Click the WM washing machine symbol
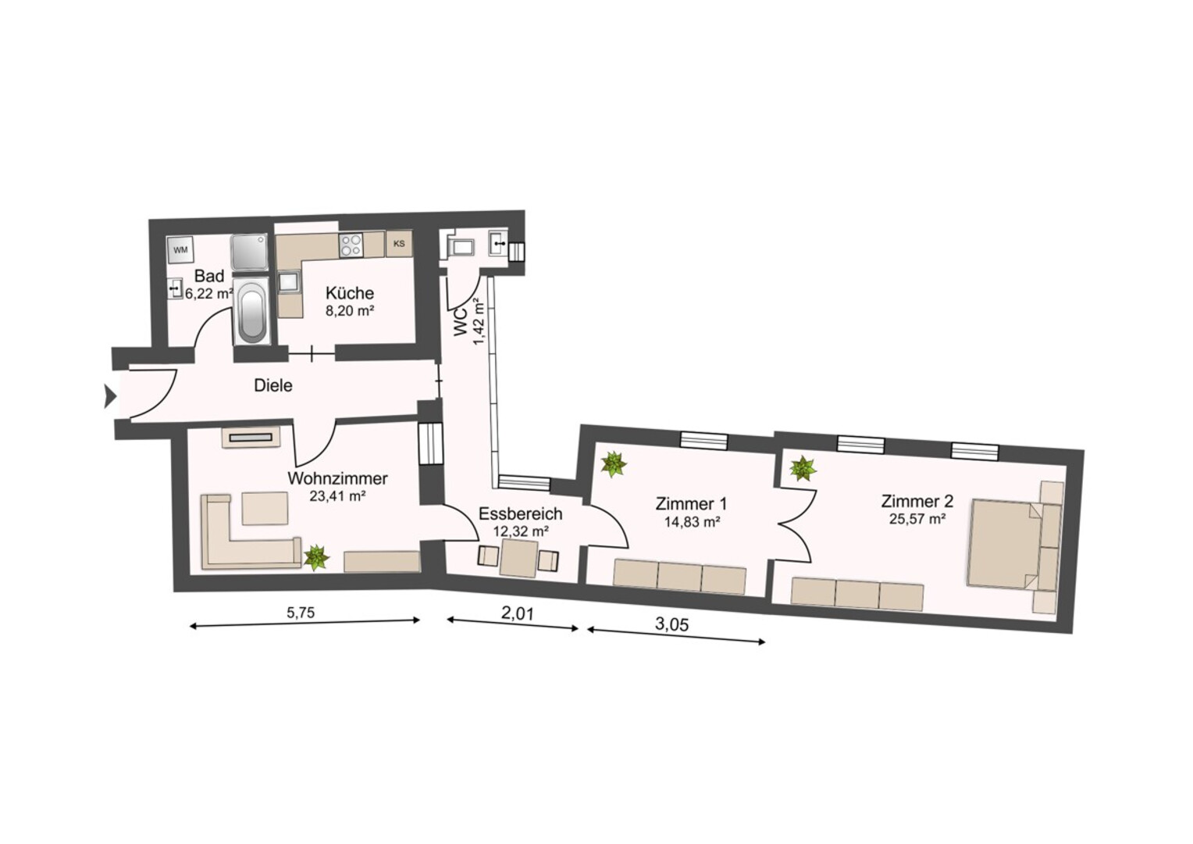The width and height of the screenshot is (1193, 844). pos(180,249)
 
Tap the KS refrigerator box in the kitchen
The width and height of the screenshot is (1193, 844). pos(399,244)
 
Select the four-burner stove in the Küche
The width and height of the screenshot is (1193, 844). pos(351,245)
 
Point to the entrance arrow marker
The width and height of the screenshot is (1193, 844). pos(110,396)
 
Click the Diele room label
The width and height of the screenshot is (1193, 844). pos(273,385)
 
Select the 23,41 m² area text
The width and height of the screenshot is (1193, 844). pos(337,496)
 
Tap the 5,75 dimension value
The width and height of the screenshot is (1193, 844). pos(301,613)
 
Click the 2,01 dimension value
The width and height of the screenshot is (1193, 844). pos(517,613)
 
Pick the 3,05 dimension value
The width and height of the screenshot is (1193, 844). pos(671,624)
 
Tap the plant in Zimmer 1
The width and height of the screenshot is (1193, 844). pos(614,464)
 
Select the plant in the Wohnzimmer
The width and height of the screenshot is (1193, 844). pos(316,558)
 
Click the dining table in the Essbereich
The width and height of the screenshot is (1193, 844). pos(518,558)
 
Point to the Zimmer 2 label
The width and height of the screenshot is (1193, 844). pos(917,501)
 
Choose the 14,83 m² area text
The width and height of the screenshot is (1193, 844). pos(693,522)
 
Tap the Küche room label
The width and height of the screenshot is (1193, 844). pos(350,293)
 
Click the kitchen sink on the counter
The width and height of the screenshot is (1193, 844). pos(289,281)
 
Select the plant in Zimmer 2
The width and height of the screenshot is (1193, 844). pos(803,468)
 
